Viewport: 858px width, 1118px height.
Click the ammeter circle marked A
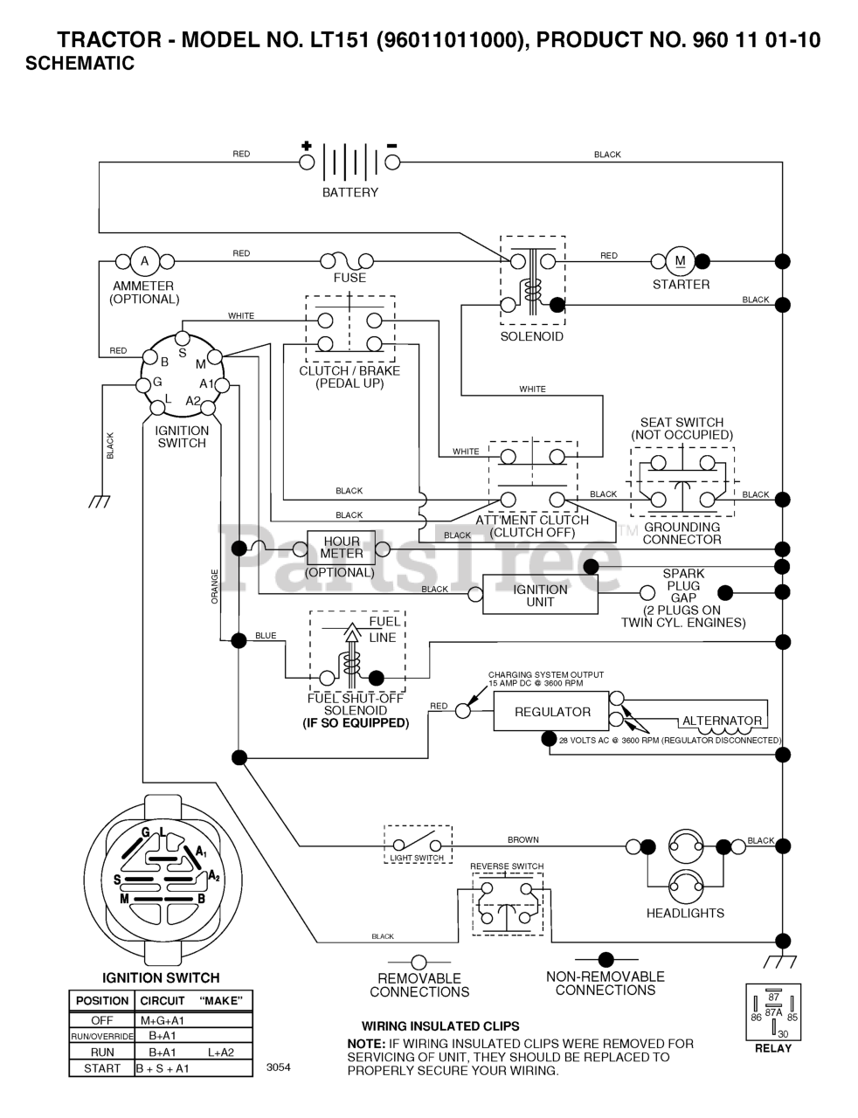pyautogui.click(x=145, y=261)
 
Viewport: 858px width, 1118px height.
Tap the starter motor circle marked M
pyautogui.click(x=680, y=261)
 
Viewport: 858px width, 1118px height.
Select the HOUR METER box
pyautogui.click(x=342, y=548)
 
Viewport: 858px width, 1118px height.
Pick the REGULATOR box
pyautogui.click(x=551, y=712)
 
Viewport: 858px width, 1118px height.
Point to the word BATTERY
pyautogui.click(x=350, y=192)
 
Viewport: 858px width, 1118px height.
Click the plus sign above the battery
pyautogui.click(x=307, y=146)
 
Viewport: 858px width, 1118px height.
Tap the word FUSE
pyautogui.click(x=349, y=278)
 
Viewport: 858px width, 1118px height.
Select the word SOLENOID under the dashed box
pyautogui.click(x=532, y=336)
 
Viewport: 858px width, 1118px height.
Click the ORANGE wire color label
pyautogui.click(x=215, y=587)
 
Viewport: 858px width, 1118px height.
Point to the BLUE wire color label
pyautogui.click(x=266, y=636)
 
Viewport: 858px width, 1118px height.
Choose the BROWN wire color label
pyautogui.click(x=523, y=839)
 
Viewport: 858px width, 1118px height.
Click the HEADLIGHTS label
pyautogui.click(x=685, y=914)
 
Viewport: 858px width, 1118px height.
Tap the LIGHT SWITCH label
pyautogui.click(x=417, y=859)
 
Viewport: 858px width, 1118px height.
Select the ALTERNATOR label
pyautogui.click(x=722, y=721)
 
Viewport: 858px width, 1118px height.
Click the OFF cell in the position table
pyautogui.click(x=102, y=1020)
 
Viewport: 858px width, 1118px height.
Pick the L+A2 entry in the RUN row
pyautogui.click(x=221, y=1052)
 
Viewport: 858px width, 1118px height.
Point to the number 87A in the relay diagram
pyautogui.click(x=773, y=1012)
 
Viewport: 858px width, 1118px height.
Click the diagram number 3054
pyautogui.click(x=279, y=1067)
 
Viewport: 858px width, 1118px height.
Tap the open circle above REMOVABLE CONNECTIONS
pyautogui.click(x=419, y=963)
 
